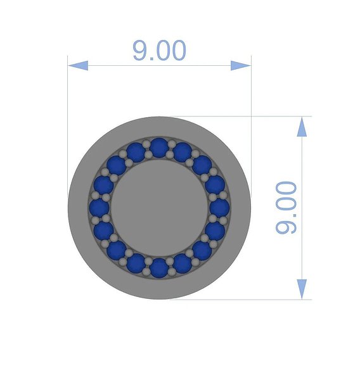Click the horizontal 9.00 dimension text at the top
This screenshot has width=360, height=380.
[159, 51]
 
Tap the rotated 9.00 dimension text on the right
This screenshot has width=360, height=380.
[286, 208]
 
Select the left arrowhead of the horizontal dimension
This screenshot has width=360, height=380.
[78, 66]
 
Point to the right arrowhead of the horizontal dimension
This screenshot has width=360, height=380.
[241, 66]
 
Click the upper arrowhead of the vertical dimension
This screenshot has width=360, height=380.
[302, 127]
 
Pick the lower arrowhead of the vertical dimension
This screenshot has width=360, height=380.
[302, 289]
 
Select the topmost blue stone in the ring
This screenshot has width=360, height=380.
[159, 148]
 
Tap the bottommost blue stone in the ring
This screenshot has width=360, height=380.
[159, 268]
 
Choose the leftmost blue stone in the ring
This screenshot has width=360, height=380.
[100, 208]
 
